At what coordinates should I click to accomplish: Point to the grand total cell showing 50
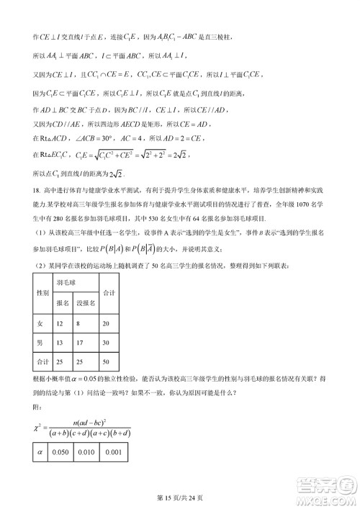(x=107, y=361)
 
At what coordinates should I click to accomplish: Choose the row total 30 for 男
(x=107, y=343)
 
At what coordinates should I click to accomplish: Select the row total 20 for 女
(x=107, y=325)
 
